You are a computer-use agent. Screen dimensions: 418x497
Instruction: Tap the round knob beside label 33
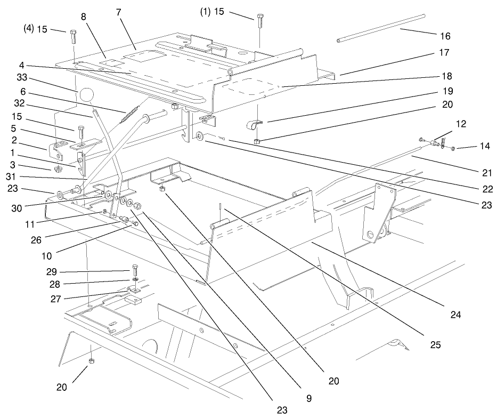[86, 96]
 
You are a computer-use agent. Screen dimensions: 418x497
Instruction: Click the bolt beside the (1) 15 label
[260, 21]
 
